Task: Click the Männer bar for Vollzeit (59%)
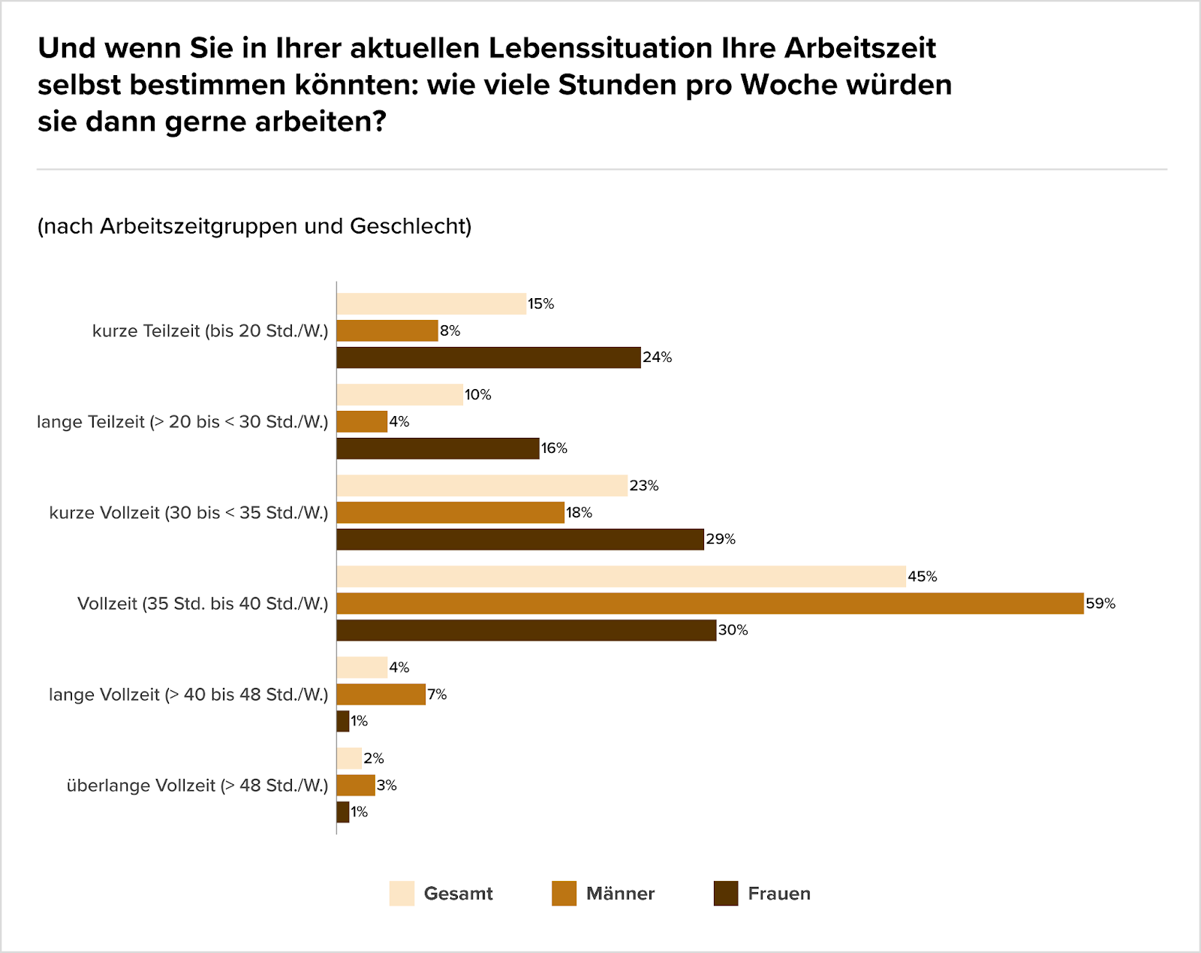709,603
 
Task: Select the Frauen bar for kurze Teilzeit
488,357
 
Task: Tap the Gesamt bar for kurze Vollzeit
481,486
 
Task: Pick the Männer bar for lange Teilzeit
362,421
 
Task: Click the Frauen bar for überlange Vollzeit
343,812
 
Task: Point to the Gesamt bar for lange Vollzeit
362,668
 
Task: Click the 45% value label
923,577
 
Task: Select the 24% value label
657,357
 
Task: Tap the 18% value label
579,513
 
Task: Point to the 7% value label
437,695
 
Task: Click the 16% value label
554,448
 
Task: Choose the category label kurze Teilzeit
210,331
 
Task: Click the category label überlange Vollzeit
197,786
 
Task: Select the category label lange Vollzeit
188,695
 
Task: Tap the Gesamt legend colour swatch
402,894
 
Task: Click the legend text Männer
620,894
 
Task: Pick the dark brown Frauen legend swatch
726,894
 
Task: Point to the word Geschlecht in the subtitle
410,226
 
